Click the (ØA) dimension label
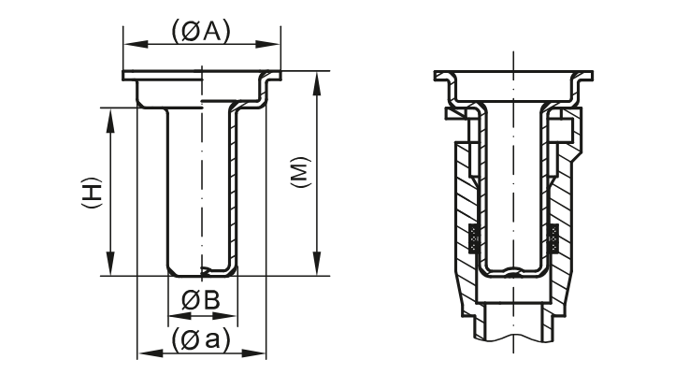click(x=201, y=31)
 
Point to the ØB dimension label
click(x=201, y=300)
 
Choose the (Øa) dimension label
click(x=201, y=339)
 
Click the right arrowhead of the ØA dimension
click(x=276, y=43)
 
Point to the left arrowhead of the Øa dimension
click(x=143, y=353)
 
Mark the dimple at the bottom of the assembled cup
click(x=513, y=275)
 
